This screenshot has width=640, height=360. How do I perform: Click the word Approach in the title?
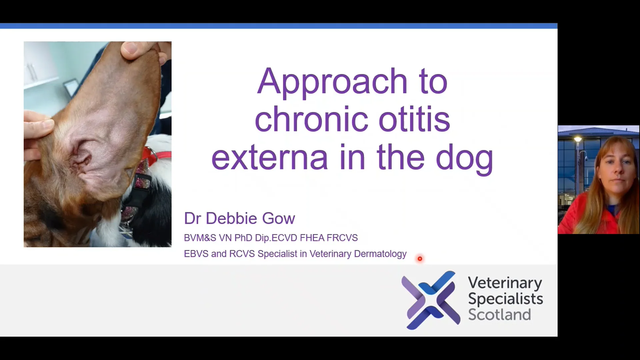332,82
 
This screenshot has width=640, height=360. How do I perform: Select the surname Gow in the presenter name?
278,219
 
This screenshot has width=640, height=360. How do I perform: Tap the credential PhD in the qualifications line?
243,238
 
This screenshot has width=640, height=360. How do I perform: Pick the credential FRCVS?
342,238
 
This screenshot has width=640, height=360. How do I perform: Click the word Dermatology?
380,254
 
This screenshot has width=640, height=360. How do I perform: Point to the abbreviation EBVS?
196,254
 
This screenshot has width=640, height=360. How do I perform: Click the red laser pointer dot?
420,259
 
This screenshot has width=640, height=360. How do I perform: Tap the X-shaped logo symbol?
431,300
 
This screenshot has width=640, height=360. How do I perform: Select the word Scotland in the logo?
499,315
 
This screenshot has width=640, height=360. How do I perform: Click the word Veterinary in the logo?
505,283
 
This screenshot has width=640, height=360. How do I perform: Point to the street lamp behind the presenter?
578,139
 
